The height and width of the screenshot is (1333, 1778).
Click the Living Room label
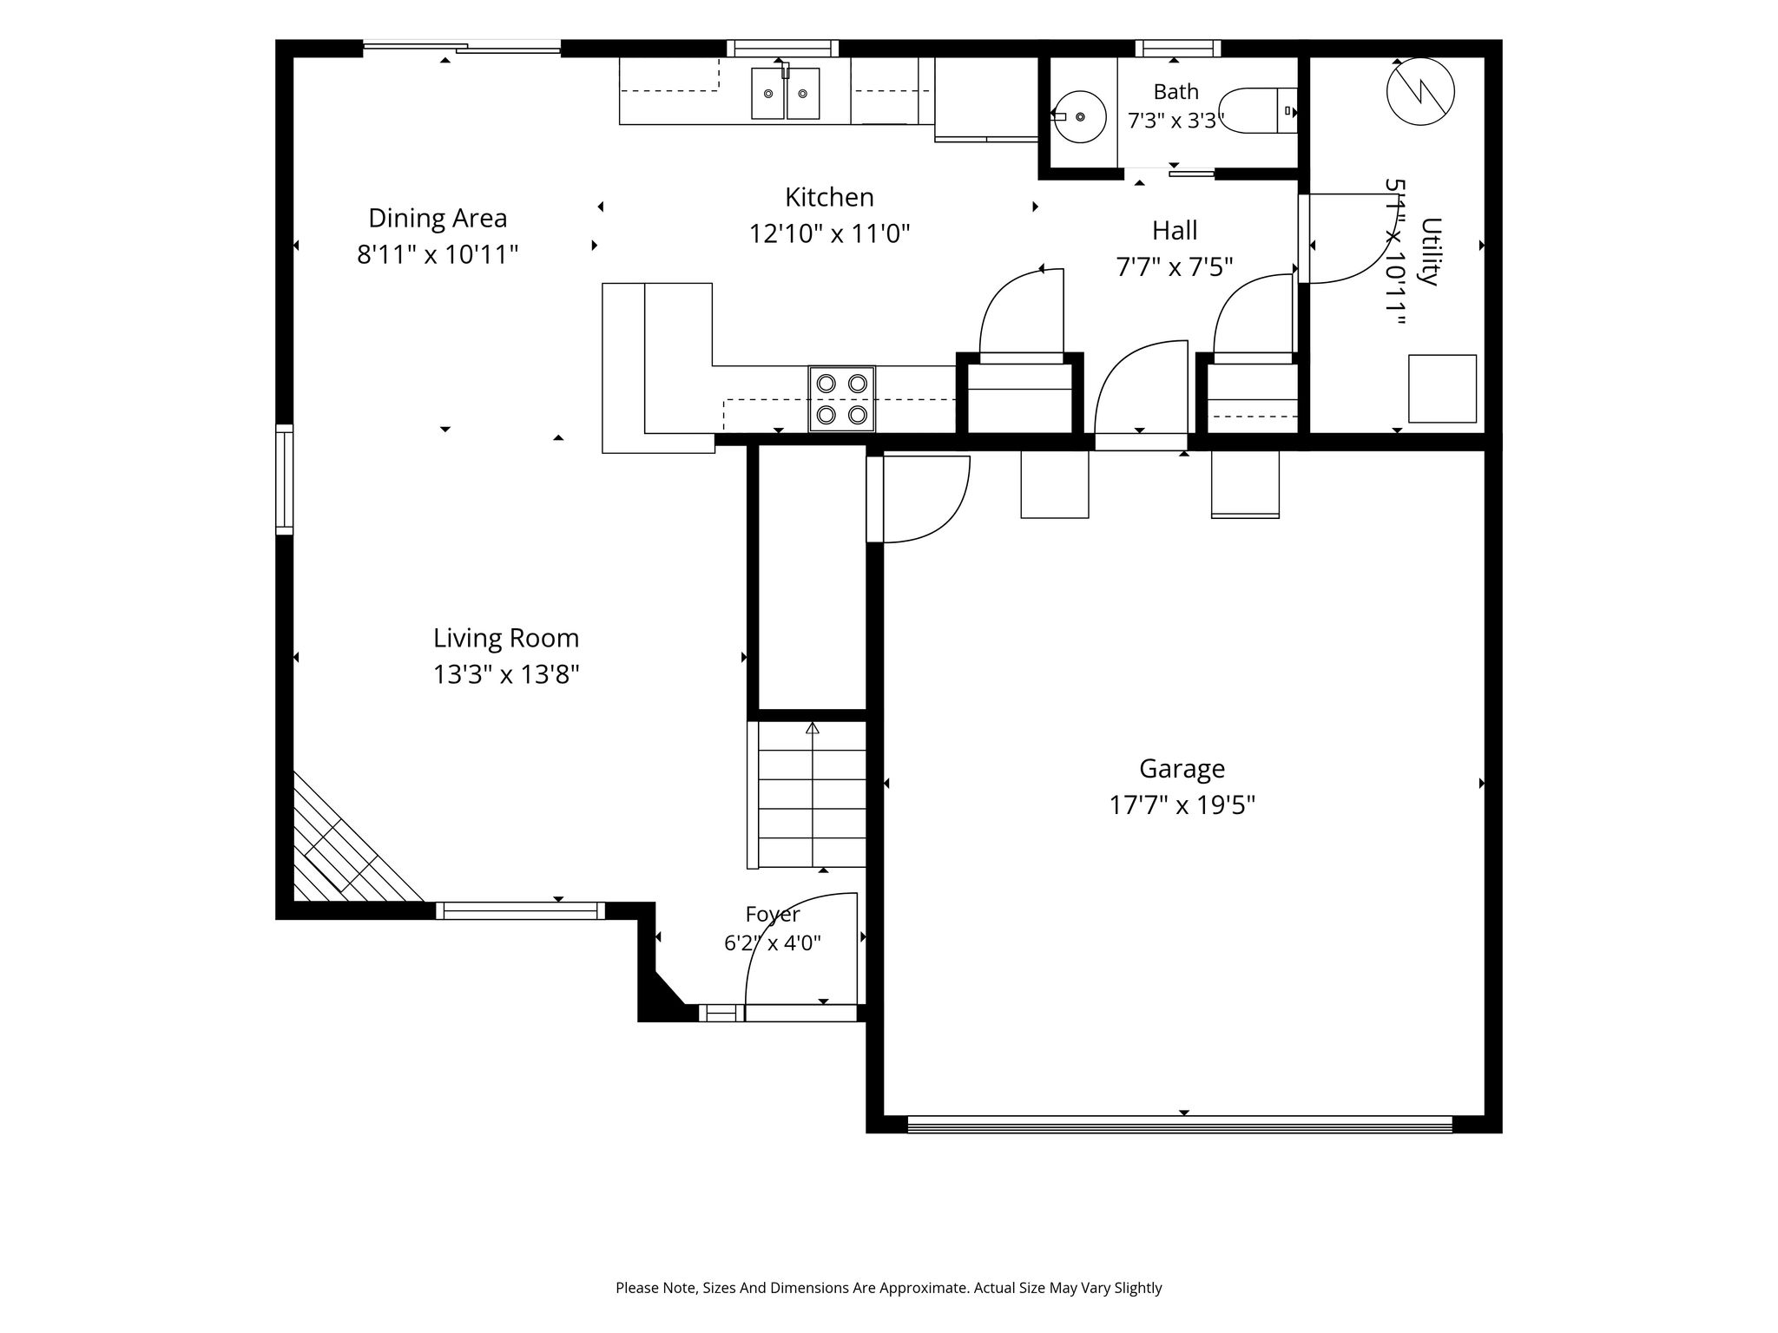coord(506,638)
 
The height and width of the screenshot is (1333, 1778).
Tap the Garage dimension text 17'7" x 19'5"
coord(1182,806)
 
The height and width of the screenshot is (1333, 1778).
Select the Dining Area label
coord(438,218)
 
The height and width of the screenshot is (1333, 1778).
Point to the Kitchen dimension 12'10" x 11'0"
coord(830,234)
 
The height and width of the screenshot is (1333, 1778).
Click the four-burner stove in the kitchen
coord(842,398)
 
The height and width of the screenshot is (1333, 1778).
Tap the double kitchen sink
coord(786,93)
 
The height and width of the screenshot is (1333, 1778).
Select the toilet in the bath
coord(1259,111)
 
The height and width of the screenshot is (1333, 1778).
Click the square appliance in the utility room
coord(1442,389)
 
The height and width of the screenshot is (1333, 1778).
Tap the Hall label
coord(1175,230)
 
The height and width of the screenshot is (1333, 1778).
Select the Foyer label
coord(773,915)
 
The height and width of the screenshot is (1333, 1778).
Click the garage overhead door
coord(1180,1125)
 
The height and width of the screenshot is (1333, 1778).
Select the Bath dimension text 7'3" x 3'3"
coord(1176,121)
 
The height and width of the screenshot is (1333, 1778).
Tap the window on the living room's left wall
coord(285,479)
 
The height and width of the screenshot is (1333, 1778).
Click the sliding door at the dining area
coord(462,48)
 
